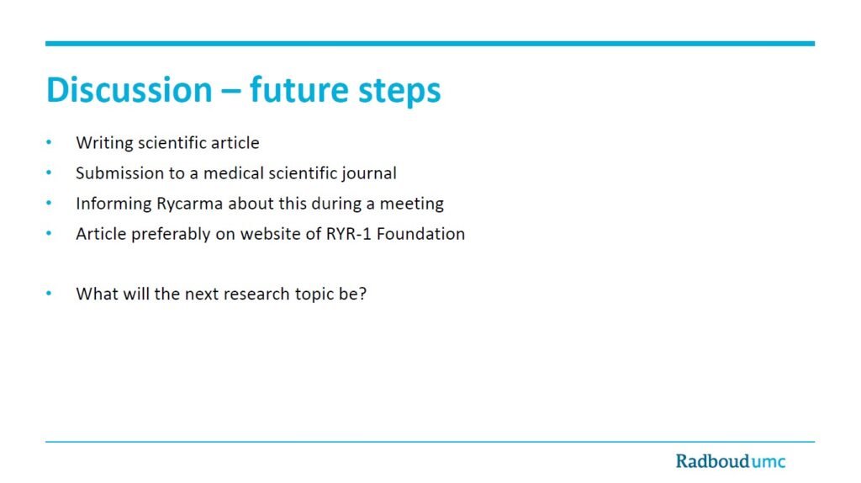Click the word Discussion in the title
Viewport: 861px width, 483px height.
[x=129, y=89]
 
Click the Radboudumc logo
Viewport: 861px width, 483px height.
[x=731, y=460]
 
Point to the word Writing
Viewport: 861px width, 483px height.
[x=105, y=143]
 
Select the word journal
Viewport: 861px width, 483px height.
[x=369, y=174]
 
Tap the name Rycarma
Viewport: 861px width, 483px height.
[x=189, y=204]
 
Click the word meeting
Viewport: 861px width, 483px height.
[x=412, y=204]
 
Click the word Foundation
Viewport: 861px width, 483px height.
[x=420, y=234]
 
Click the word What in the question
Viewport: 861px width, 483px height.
[x=97, y=294]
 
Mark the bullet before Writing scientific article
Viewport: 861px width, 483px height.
[x=49, y=143]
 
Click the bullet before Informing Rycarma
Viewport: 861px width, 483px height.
[x=49, y=204]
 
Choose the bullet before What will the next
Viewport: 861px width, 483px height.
[x=49, y=294]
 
